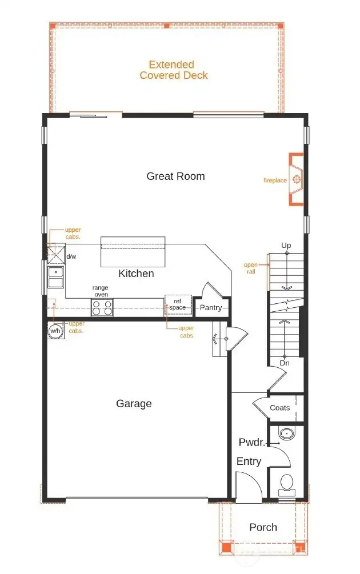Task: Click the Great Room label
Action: tap(175, 176)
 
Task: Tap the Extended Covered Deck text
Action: tap(174, 70)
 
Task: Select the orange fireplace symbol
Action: tap(297, 179)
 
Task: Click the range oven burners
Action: tap(102, 308)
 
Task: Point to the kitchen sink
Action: tap(56, 276)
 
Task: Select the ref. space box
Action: tap(178, 304)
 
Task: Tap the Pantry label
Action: tap(210, 308)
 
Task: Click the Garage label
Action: tap(134, 404)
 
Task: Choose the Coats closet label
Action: tap(279, 408)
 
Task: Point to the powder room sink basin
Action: tap(286, 435)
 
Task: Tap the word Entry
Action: tap(249, 461)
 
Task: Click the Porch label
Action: tap(263, 527)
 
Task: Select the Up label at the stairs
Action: tap(286, 246)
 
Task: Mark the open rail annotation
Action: tap(251, 268)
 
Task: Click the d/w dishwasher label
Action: tap(71, 257)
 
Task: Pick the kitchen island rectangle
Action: tap(133, 252)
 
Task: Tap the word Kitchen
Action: tap(136, 274)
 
